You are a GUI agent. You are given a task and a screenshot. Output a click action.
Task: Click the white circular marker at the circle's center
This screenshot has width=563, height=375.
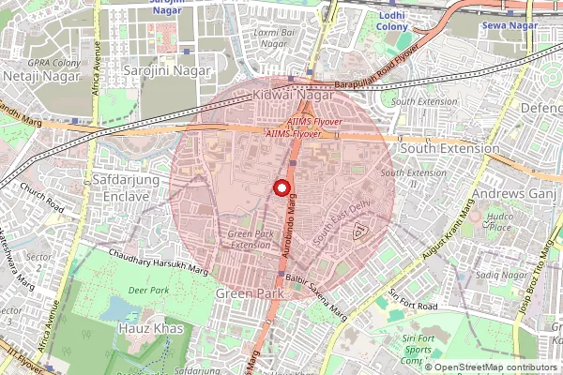pyautogui.click(x=281, y=187)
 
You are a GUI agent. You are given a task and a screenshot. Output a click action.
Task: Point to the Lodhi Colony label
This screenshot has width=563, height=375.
pyautogui.click(x=392, y=22)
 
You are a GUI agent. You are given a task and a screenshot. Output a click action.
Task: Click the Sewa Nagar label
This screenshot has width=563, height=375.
pyautogui.click(x=508, y=25)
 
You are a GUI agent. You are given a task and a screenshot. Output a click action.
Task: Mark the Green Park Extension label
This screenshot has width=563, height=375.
pyautogui.click(x=249, y=239)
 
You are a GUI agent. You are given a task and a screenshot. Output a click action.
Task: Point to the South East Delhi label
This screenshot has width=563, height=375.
pyautogui.click(x=342, y=223)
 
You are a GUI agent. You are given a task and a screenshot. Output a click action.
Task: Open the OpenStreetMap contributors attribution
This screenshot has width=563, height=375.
pyautogui.click(x=497, y=367)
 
